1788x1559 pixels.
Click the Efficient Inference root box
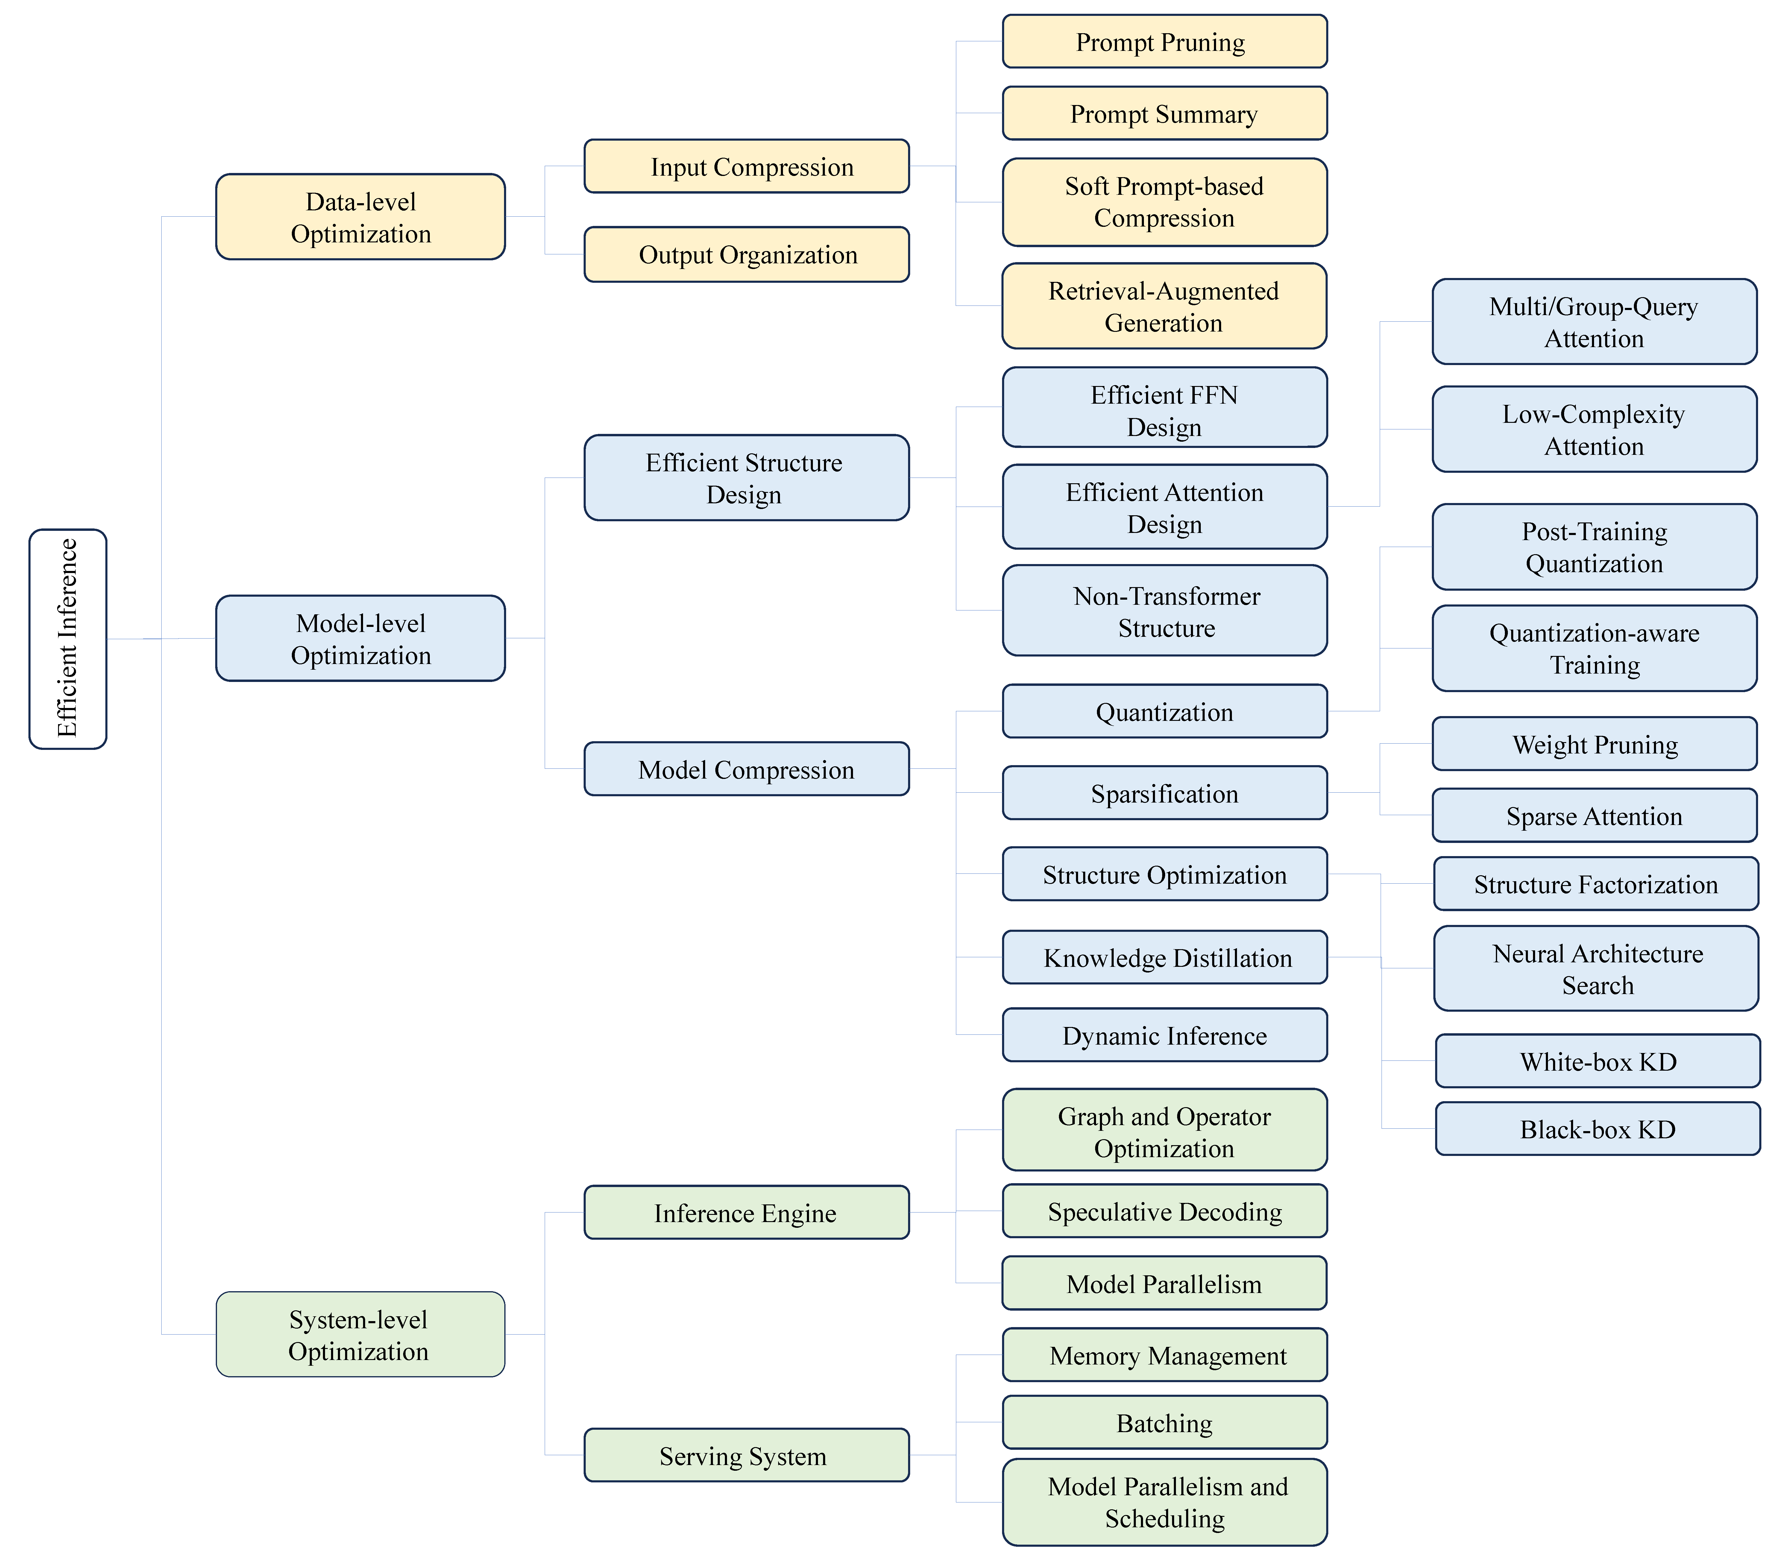coord(68,639)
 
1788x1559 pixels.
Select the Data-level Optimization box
coord(360,217)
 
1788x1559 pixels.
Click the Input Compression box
coord(746,166)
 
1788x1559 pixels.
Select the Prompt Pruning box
coord(1164,42)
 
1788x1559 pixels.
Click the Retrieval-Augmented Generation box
coord(1164,306)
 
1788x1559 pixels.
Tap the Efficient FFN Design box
coord(1164,407)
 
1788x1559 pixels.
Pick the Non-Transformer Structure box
coord(1164,611)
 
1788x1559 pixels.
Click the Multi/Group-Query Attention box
coord(1594,322)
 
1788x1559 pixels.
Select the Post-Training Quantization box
coord(1594,547)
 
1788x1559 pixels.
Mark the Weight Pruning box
coord(1594,744)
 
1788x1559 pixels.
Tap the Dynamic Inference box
coord(1164,1035)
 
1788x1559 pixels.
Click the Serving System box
coord(746,1455)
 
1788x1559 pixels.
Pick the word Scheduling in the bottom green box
coord(1164,1519)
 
